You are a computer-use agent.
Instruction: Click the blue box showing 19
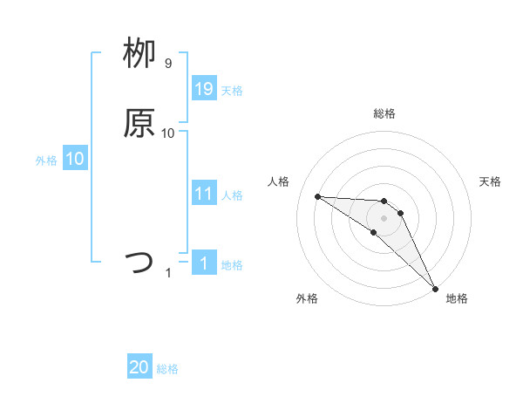[204, 88]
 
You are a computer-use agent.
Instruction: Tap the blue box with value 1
[204, 263]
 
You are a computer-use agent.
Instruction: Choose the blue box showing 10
[75, 159]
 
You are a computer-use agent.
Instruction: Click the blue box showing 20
[139, 367]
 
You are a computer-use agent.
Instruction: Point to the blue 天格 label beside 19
[232, 90]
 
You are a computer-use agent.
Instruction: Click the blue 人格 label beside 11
[232, 195]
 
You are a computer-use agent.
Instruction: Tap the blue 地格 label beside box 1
[232, 264]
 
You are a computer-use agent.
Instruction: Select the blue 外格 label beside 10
[46, 161]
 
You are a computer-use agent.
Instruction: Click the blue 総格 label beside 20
[167, 369]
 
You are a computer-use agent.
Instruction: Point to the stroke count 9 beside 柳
[168, 64]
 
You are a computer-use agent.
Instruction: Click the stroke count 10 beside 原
[168, 133]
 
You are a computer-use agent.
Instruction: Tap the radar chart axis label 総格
[384, 113]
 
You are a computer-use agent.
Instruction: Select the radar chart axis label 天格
[490, 181]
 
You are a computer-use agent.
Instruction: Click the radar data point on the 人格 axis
[317, 196]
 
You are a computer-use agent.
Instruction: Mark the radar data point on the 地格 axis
[435, 288]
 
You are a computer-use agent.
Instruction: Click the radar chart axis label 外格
[307, 298]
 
